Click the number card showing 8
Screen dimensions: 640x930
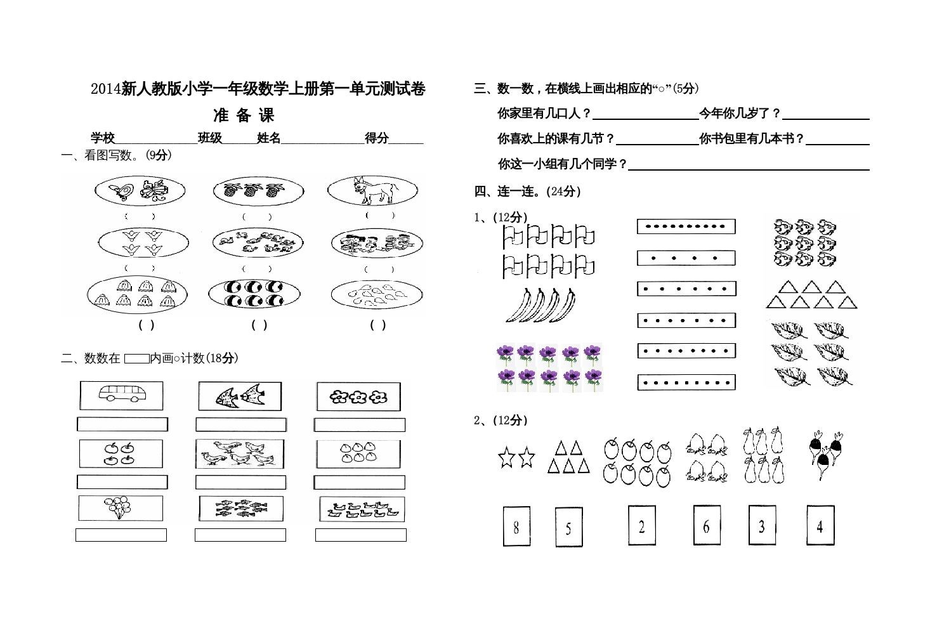pos(516,526)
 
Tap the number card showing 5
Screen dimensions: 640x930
pos(568,527)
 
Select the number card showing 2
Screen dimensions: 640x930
pos(641,525)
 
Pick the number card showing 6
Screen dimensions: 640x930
pos(706,525)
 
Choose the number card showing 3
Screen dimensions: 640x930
pos(762,525)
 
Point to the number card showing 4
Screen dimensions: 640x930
pos(820,525)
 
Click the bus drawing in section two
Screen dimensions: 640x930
pos(121,396)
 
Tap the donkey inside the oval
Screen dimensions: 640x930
pos(373,190)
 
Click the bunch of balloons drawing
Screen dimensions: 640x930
pos(119,508)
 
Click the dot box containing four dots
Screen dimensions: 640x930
pos(686,258)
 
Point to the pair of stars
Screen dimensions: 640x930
pos(516,457)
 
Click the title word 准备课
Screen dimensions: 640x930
pos(244,115)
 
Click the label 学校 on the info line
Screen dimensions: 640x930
pos(103,138)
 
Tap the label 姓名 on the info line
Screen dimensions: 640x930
pos(269,138)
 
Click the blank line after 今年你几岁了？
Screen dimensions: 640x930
pos(826,114)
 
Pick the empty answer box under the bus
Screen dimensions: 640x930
pos(122,424)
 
